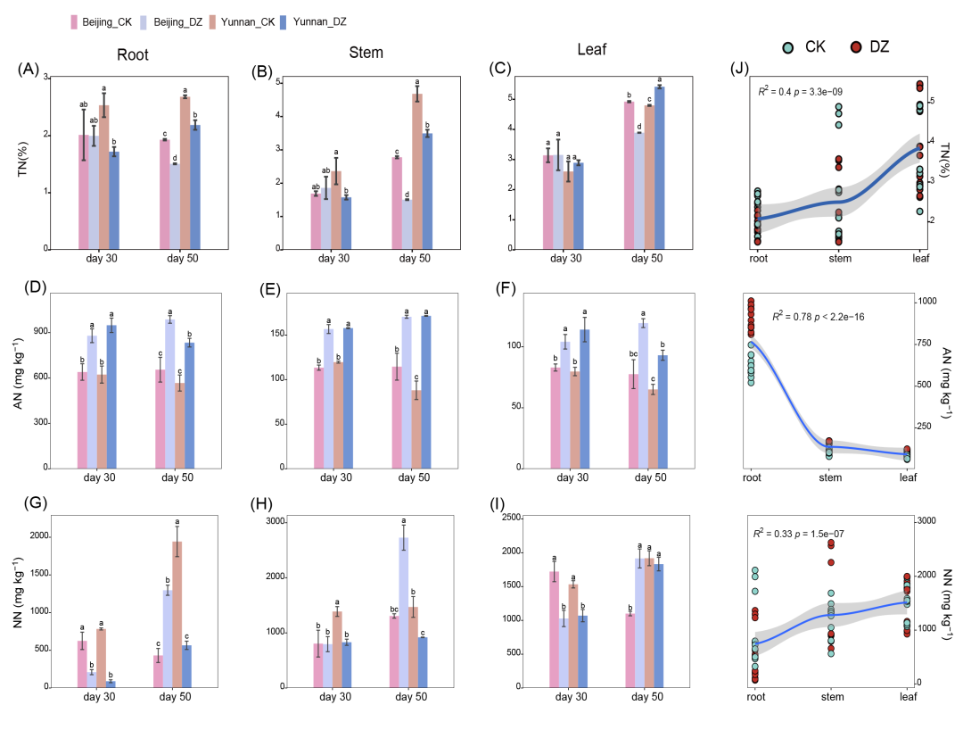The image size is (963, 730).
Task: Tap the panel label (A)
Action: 29,69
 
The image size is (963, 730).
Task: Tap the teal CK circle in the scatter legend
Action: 788,46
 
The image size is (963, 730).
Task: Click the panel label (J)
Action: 740,69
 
